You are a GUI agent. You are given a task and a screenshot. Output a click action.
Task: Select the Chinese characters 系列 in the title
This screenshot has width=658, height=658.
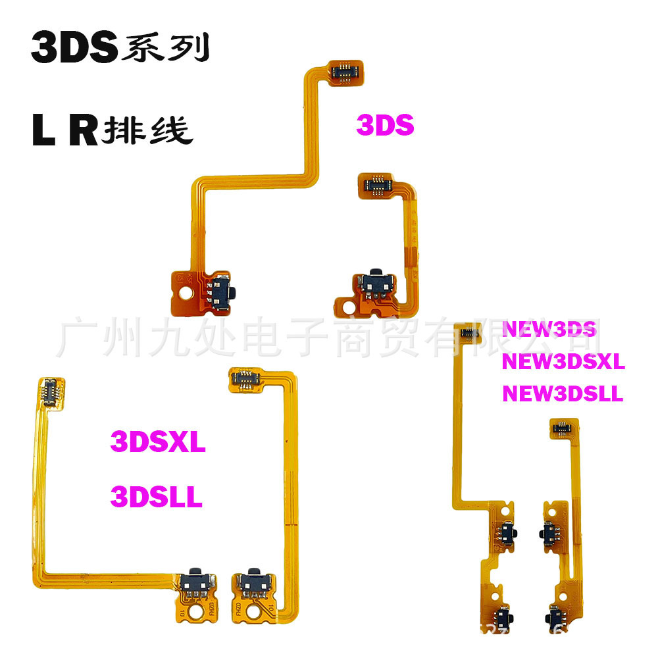tap(164, 49)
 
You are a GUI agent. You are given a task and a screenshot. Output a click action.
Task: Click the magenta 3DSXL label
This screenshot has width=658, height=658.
tap(158, 442)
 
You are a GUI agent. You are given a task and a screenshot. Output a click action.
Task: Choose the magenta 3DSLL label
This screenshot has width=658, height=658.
tap(156, 497)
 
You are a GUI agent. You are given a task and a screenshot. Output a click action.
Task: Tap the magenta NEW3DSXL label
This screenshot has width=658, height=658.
tap(563, 361)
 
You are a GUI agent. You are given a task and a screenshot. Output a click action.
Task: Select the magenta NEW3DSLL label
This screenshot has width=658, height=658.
tap(563, 393)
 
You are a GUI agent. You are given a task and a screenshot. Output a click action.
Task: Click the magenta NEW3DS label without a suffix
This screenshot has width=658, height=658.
tap(549, 329)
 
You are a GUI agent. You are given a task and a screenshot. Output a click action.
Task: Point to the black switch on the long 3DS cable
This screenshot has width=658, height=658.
tap(224, 288)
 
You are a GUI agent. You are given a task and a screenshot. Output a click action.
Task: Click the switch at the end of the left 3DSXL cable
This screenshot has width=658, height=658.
tap(196, 580)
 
